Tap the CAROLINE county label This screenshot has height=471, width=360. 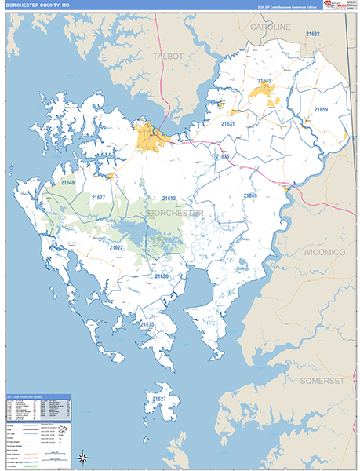click(x=270, y=27)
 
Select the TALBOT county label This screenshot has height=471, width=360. click(x=169, y=57)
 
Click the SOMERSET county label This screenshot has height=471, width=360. click(x=322, y=380)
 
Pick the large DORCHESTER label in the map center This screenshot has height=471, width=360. click(x=175, y=213)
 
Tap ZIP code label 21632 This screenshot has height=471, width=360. click(x=313, y=35)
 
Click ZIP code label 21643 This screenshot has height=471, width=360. click(x=264, y=81)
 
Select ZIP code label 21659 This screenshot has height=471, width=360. click(x=321, y=110)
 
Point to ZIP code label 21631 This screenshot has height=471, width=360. click(x=227, y=124)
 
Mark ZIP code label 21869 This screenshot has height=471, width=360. click(x=249, y=195)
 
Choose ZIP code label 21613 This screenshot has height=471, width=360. click(x=169, y=199)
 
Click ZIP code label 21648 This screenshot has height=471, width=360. click(x=68, y=183)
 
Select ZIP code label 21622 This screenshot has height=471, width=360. click(x=116, y=247)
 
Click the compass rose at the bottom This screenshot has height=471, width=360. click(x=82, y=456)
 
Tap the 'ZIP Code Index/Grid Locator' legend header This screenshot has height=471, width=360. click(x=31, y=396)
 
